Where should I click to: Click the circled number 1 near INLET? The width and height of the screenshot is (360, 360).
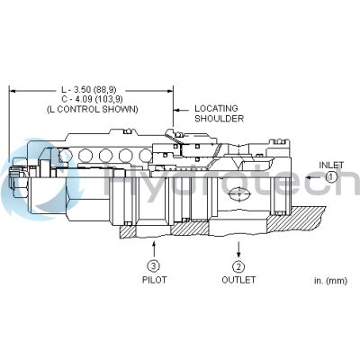pos(331,177)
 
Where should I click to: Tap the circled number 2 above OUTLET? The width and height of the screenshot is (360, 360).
pos(238,266)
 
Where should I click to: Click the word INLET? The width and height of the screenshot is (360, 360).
pos(331,165)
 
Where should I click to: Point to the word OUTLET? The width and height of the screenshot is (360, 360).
pos(238,280)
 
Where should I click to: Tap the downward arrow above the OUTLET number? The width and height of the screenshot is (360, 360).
pos(238,247)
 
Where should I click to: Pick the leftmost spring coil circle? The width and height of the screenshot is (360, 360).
pos(66,156)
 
